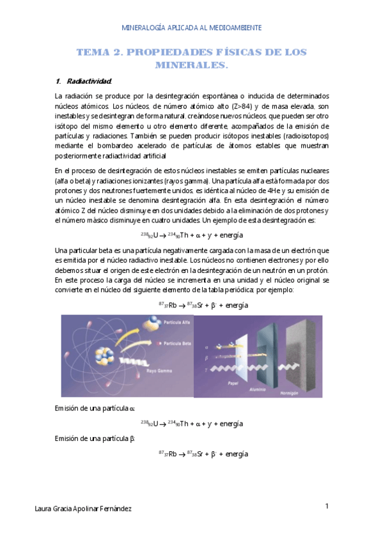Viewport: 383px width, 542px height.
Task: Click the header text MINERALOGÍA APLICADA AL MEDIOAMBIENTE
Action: (191, 28)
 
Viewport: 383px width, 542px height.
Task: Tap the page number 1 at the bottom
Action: (326, 507)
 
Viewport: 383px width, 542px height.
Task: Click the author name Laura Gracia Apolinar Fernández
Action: (83, 509)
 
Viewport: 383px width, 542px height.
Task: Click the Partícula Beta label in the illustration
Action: (178, 344)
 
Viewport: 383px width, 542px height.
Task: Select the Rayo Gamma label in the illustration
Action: (158, 369)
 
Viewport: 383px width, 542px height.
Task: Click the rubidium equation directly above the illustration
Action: (203, 306)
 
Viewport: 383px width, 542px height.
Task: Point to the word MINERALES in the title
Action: (191, 65)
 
